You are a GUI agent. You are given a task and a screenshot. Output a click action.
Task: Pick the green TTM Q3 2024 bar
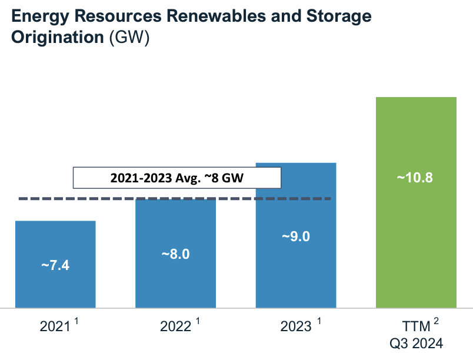tap(416, 235)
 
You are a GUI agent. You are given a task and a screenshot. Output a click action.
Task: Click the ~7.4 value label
tap(55, 265)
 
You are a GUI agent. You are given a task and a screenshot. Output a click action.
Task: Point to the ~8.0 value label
tap(175, 255)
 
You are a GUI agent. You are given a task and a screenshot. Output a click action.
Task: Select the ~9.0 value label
tap(295, 236)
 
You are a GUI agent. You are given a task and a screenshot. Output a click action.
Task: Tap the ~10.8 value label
tap(415, 178)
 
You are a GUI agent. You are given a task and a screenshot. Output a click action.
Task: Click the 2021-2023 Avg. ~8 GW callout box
tap(177, 177)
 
